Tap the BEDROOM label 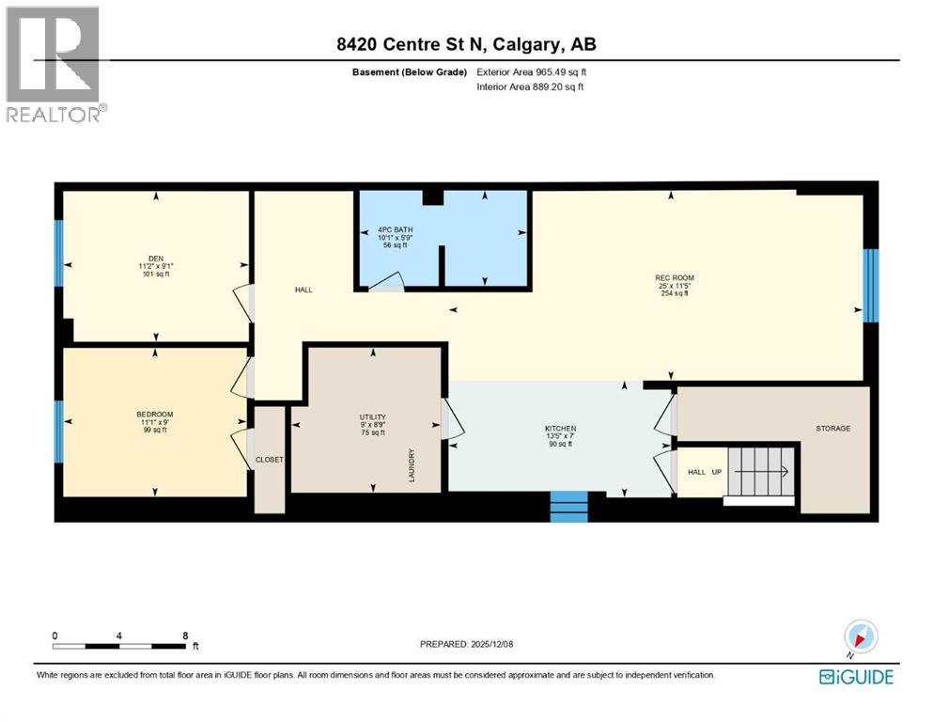click(x=155, y=414)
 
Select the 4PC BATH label click(x=395, y=229)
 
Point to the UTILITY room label click(x=373, y=416)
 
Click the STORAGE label click(x=832, y=428)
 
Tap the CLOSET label click(x=270, y=460)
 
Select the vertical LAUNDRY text click(x=412, y=465)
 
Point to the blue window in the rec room click(x=870, y=285)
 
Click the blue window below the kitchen click(x=568, y=506)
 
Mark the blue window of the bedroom click(x=58, y=432)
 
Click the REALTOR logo click(x=54, y=64)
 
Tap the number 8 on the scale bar click(x=186, y=635)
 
